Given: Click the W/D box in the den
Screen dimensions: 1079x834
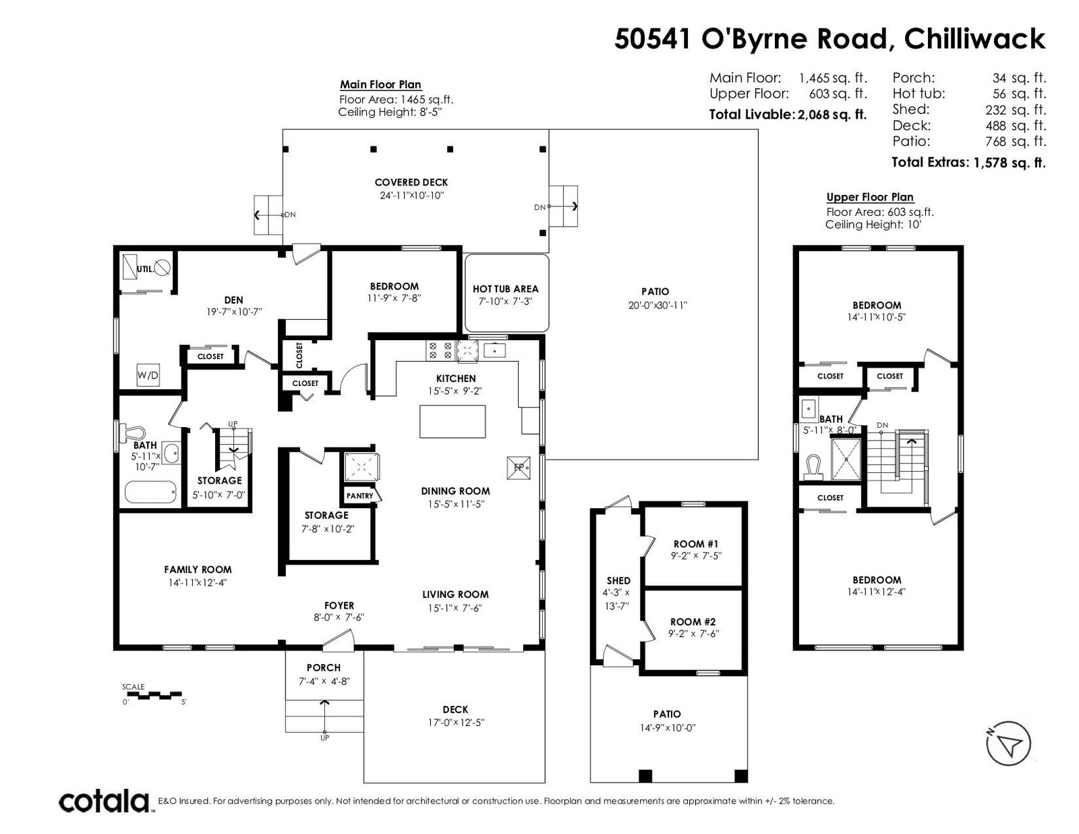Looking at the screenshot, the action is pyautogui.click(x=148, y=375).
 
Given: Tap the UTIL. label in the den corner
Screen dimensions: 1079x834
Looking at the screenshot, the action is pyautogui.click(x=145, y=269).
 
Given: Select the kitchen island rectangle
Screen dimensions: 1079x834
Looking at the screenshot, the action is pyautogui.click(x=453, y=421).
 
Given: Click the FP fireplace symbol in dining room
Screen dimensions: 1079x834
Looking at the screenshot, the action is pyautogui.click(x=519, y=468).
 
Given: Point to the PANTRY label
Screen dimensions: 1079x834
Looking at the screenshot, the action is pyautogui.click(x=359, y=496).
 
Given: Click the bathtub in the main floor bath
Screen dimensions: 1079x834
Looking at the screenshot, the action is pyautogui.click(x=150, y=493).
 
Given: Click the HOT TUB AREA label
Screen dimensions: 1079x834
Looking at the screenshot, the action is pyautogui.click(x=505, y=289).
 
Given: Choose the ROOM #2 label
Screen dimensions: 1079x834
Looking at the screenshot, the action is pyautogui.click(x=693, y=622).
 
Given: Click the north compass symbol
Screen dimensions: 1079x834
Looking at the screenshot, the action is pyautogui.click(x=1008, y=743).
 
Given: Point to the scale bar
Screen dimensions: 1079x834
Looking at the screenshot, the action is pyautogui.click(x=153, y=695).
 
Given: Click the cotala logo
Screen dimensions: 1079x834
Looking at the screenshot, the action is pyautogui.click(x=105, y=801).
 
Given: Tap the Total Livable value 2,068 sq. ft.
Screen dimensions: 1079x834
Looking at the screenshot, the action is pyautogui.click(x=832, y=115).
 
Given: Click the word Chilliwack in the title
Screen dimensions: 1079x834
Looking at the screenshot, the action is pyautogui.click(x=974, y=38).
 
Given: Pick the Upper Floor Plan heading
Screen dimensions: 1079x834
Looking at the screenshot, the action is pyautogui.click(x=869, y=197).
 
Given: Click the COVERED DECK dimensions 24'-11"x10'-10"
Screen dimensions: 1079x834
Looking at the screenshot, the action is pyautogui.click(x=411, y=195).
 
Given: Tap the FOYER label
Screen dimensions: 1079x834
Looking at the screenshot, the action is pyautogui.click(x=339, y=605).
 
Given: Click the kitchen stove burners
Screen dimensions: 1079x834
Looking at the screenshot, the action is pyautogui.click(x=440, y=350).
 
